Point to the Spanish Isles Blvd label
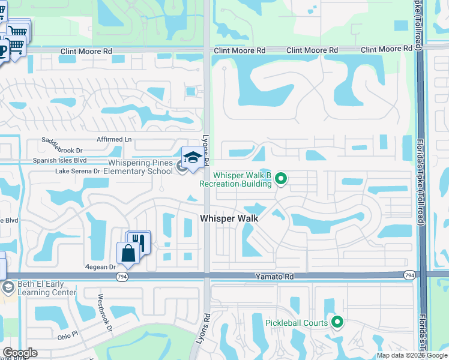click(x=60, y=160)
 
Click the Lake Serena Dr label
click(x=77, y=171)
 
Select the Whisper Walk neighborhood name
click(x=229, y=218)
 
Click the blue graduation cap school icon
click(x=193, y=158)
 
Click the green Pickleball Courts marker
click(x=337, y=323)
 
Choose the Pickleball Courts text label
click(x=297, y=323)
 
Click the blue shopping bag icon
click(x=128, y=253)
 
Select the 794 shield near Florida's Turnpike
click(x=409, y=275)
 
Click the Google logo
click(x=20, y=353)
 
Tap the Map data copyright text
click(x=412, y=355)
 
